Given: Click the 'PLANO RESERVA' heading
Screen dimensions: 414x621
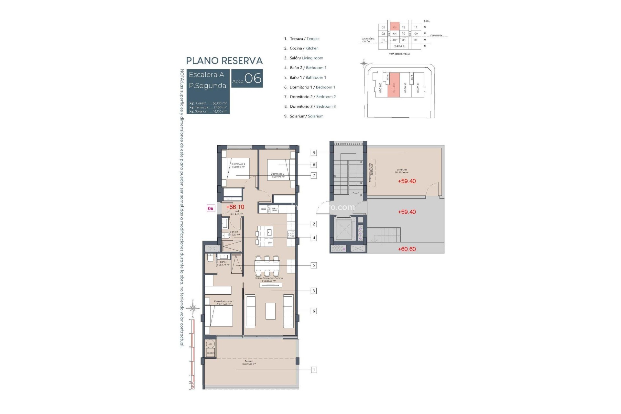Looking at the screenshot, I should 224,61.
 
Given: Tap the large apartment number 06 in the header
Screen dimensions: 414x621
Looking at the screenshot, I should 253,79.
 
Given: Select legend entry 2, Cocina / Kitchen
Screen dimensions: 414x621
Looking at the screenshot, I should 301,49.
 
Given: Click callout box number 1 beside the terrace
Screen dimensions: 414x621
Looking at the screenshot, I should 313,370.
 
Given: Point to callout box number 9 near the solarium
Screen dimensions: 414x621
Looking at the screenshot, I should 313,153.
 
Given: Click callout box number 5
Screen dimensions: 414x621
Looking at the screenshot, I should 313,265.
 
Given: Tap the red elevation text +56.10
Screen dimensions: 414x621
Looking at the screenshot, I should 235,207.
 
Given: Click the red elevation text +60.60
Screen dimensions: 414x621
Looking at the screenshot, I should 407,249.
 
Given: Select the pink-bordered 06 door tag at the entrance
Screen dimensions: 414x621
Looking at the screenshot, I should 211,208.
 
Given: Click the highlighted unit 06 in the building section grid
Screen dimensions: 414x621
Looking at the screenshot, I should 395,27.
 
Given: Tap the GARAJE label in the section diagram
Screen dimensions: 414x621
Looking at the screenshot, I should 399,46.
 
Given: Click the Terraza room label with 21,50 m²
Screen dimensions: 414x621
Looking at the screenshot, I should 249,363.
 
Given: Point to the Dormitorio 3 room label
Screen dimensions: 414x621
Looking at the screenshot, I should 278,175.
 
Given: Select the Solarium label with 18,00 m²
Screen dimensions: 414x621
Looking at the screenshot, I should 401,171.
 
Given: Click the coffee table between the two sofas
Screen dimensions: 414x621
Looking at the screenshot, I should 270,310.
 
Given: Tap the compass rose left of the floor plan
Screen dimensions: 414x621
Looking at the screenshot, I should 193,308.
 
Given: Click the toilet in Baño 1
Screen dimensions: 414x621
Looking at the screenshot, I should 210,259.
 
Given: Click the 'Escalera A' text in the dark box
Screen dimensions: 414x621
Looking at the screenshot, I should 206,75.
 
